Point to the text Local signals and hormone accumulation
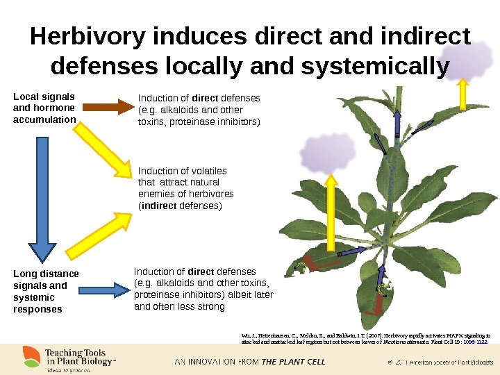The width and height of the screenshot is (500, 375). tap(44, 108)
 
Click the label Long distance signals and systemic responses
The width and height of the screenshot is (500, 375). tap(46, 292)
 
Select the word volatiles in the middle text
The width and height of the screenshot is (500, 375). tap(210, 171)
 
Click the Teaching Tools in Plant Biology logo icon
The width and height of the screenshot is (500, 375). tap(31, 357)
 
